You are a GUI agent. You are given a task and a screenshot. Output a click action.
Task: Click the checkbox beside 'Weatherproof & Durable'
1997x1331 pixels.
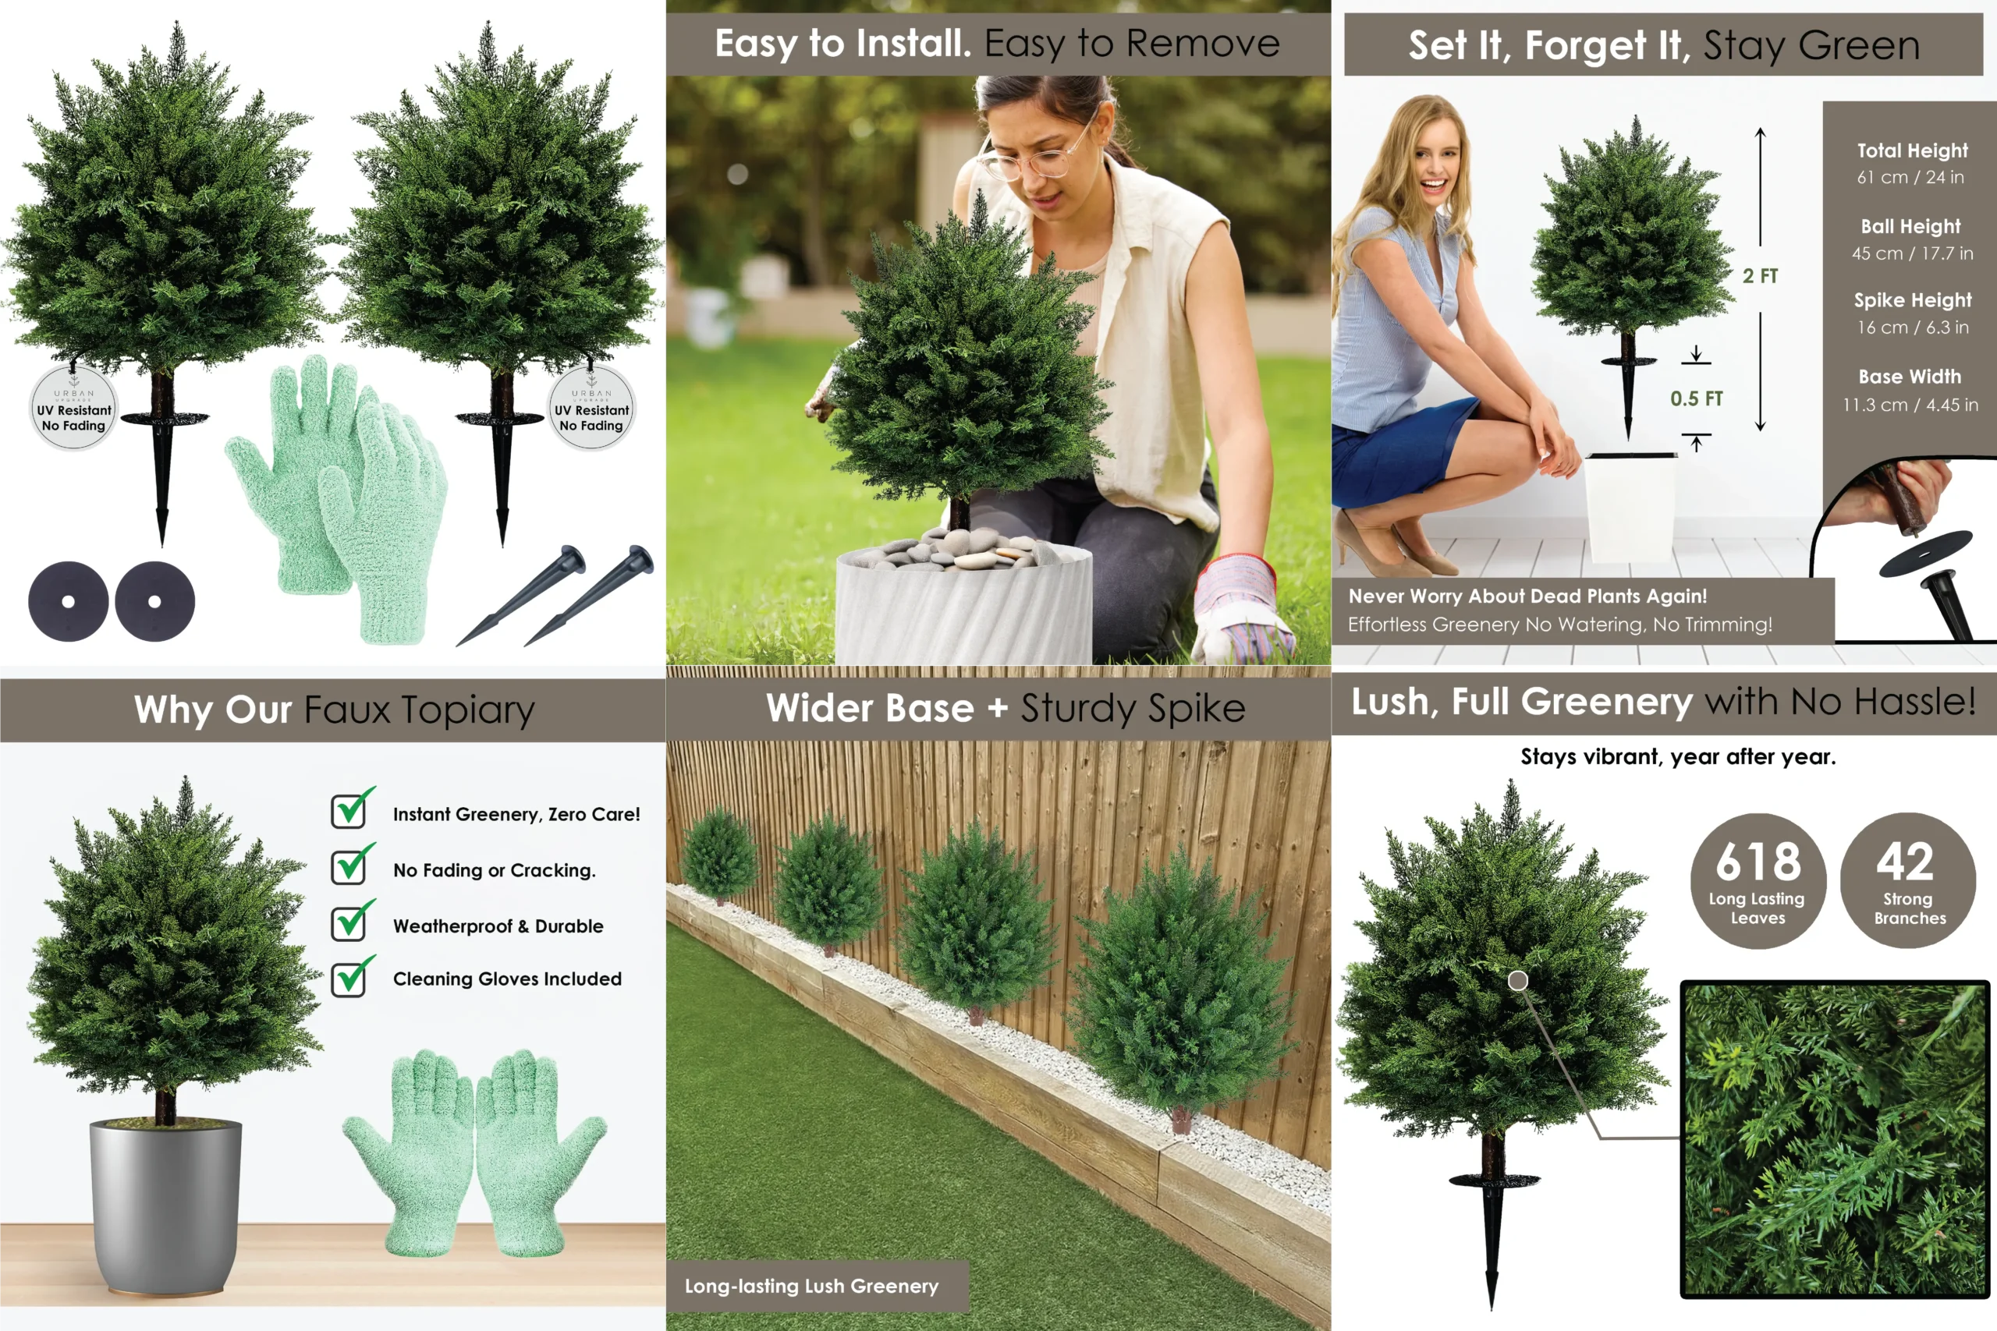[x=349, y=923]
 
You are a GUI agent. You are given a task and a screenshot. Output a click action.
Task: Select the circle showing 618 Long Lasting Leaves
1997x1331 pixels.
[x=1758, y=880]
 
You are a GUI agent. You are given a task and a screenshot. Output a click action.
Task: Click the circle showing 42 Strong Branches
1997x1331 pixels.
[x=1908, y=880]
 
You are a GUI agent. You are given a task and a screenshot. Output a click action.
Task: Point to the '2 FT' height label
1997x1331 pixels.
[x=1760, y=276]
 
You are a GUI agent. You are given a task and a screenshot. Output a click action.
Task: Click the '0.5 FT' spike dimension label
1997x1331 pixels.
[x=1697, y=398]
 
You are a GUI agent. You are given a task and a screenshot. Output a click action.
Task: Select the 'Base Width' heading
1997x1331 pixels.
[x=1910, y=376]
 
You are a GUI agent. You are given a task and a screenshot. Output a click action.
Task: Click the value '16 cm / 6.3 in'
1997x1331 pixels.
[x=1912, y=327]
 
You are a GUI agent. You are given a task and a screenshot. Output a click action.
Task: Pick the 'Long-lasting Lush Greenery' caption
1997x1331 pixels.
[x=812, y=1285]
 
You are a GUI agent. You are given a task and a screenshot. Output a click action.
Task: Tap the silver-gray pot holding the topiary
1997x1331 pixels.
[x=165, y=1205]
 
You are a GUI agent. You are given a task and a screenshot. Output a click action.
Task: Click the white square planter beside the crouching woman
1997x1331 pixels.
[x=1630, y=506]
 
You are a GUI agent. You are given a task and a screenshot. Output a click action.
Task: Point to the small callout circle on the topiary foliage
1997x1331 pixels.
[x=1518, y=980]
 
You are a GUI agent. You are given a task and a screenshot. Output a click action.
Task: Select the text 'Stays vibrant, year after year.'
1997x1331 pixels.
[x=1678, y=756]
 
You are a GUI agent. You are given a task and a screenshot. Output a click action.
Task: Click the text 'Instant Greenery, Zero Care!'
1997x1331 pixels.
[x=516, y=814]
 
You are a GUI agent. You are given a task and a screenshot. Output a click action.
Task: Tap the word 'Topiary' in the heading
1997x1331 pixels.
[x=468, y=710]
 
